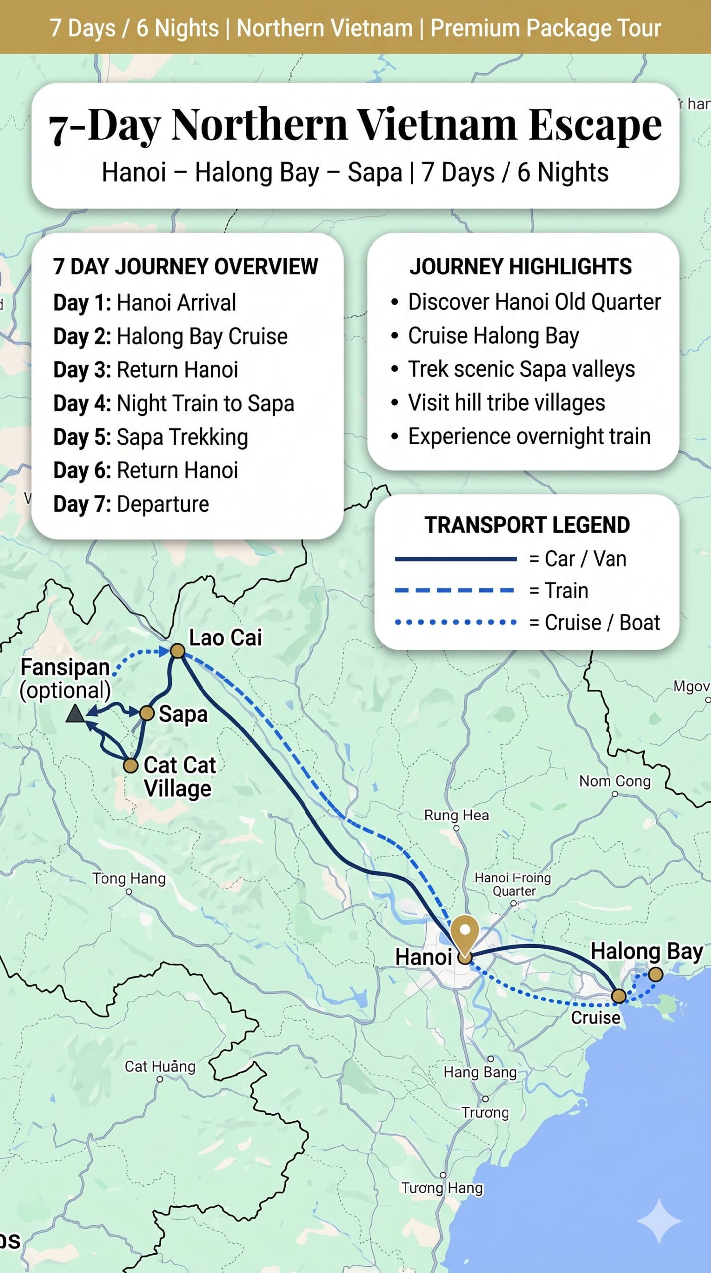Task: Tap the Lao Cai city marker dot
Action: click(x=178, y=651)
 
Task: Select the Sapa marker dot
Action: click(x=147, y=713)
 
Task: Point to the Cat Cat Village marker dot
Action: click(x=130, y=766)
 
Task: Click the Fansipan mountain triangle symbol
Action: click(x=76, y=714)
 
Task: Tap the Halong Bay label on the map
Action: click(x=646, y=951)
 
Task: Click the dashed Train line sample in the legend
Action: click(x=454, y=590)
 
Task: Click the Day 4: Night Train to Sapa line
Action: click(x=174, y=403)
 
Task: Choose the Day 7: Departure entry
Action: click(x=131, y=504)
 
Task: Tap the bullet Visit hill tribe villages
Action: click(x=506, y=403)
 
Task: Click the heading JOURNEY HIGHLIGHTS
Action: click(x=521, y=267)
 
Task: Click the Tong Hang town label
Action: click(x=129, y=878)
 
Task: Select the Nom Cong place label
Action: click(x=614, y=781)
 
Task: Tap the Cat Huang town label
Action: click(x=160, y=1066)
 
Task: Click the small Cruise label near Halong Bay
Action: click(x=596, y=1018)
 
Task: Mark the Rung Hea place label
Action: click(x=456, y=815)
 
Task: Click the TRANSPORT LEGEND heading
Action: click(x=527, y=525)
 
